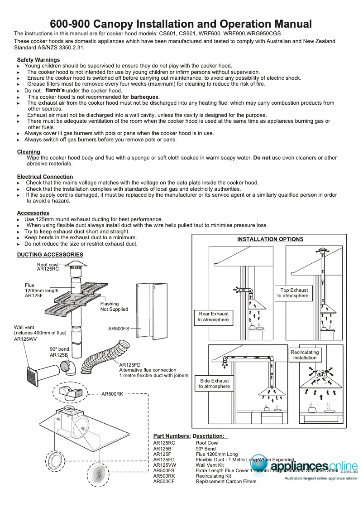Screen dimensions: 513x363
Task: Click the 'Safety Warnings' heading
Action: pyautogui.click(x=38, y=60)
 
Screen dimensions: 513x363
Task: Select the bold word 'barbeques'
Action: pyautogui.click(x=145, y=97)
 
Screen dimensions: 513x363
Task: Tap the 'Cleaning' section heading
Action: pyautogui.click(x=29, y=152)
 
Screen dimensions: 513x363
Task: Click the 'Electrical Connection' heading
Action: pyautogui.click(x=45, y=177)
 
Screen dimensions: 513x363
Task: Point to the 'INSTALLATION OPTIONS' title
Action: pyautogui.click(x=270, y=239)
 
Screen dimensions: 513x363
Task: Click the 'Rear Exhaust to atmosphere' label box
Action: pyautogui.click(x=214, y=317)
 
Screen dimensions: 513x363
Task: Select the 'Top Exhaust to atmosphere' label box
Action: pyautogui.click(x=294, y=293)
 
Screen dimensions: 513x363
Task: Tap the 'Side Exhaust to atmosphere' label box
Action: pyautogui.click(x=214, y=383)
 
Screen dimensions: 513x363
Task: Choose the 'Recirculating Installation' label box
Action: pyautogui.click(x=305, y=355)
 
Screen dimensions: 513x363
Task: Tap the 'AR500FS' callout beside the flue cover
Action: pyautogui.click(x=119, y=328)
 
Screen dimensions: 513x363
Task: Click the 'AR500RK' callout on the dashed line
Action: pyautogui.click(x=112, y=394)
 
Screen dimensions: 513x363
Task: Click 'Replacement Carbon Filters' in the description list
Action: pyautogui.click(x=226, y=481)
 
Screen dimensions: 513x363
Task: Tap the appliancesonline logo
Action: pyautogui.click(x=312, y=468)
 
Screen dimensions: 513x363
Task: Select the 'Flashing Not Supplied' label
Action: pyautogui.click(x=114, y=306)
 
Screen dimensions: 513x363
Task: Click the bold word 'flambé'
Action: pyautogui.click(x=55, y=91)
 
